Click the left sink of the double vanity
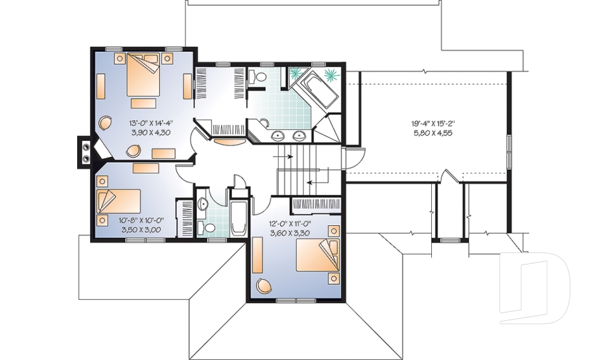[x=278, y=134]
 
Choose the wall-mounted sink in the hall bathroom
[x=202, y=204]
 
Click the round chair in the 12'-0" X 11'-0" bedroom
[x=262, y=286]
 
